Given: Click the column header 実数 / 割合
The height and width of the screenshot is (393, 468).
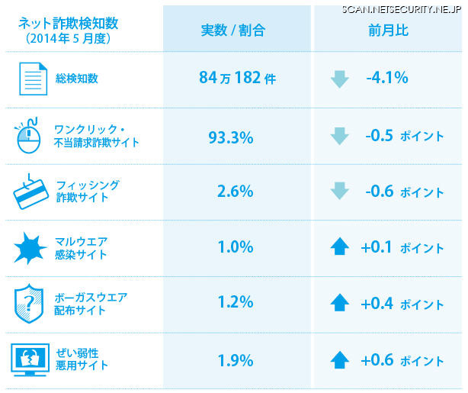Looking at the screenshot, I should pyautogui.click(x=233, y=31).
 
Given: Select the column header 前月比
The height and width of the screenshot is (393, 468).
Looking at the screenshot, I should pyautogui.click(x=387, y=31).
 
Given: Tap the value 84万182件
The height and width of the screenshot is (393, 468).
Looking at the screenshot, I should pyautogui.click(x=236, y=78).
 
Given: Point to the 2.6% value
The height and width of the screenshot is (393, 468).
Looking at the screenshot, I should pyautogui.click(x=235, y=192).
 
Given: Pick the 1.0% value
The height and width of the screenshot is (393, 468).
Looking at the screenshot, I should pyautogui.click(x=235, y=247).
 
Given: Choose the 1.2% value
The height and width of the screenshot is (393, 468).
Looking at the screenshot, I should pyautogui.click(x=235, y=302).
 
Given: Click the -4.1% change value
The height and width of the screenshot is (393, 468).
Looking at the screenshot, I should pyautogui.click(x=386, y=78).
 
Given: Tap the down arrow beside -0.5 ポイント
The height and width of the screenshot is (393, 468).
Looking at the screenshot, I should pyautogui.click(x=339, y=136).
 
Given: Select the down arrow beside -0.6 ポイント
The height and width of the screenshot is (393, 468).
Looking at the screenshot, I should pyautogui.click(x=339, y=192).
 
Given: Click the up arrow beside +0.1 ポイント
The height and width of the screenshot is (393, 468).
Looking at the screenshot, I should pyautogui.click(x=339, y=247).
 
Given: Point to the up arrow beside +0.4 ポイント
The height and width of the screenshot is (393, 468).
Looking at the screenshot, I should pyautogui.click(x=339, y=303).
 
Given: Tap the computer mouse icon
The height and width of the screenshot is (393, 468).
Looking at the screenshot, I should pyautogui.click(x=27, y=136).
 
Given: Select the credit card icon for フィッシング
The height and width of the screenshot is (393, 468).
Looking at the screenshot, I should pyautogui.click(x=30, y=192).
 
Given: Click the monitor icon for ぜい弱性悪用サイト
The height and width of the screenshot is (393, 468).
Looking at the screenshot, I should pyautogui.click(x=30, y=359).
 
